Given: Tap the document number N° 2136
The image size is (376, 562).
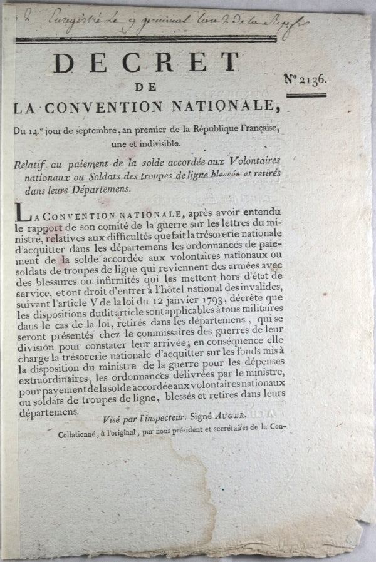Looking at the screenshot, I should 313,79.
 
